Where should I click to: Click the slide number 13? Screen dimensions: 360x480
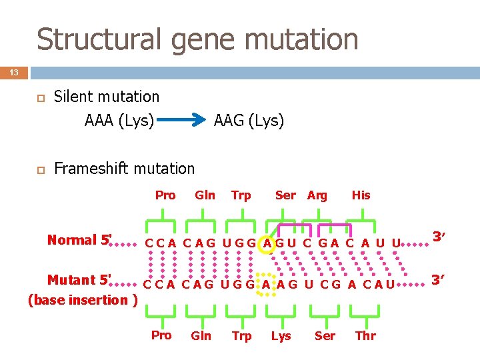(x=14, y=71)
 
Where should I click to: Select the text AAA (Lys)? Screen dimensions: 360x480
(x=119, y=121)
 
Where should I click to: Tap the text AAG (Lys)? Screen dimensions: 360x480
(x=249, y=121)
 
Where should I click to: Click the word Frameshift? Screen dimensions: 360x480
(x=91, y=169)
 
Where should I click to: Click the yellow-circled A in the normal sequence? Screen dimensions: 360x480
(x=267, y=243)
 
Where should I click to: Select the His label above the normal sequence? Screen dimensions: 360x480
(x=361, y=195)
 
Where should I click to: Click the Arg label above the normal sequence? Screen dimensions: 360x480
(x=317, y=195)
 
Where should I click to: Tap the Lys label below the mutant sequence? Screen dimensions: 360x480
(x=281, y=336)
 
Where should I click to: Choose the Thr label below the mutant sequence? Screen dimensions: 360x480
(x=365, y=336)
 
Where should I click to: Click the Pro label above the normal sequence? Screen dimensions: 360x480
(x=165, y=195)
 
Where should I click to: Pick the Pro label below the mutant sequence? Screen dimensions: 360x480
(x=161, y=335)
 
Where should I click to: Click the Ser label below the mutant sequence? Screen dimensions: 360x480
(x=325, y=336)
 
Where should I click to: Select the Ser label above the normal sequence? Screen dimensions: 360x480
(x=285, y=195)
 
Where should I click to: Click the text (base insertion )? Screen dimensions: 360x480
(x=83, y=299)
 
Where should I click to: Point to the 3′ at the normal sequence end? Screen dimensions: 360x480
(x=439, y=237)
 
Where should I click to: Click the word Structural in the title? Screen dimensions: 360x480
(x=100, y=39)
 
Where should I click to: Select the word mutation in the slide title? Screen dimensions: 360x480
(x=304, y=39)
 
